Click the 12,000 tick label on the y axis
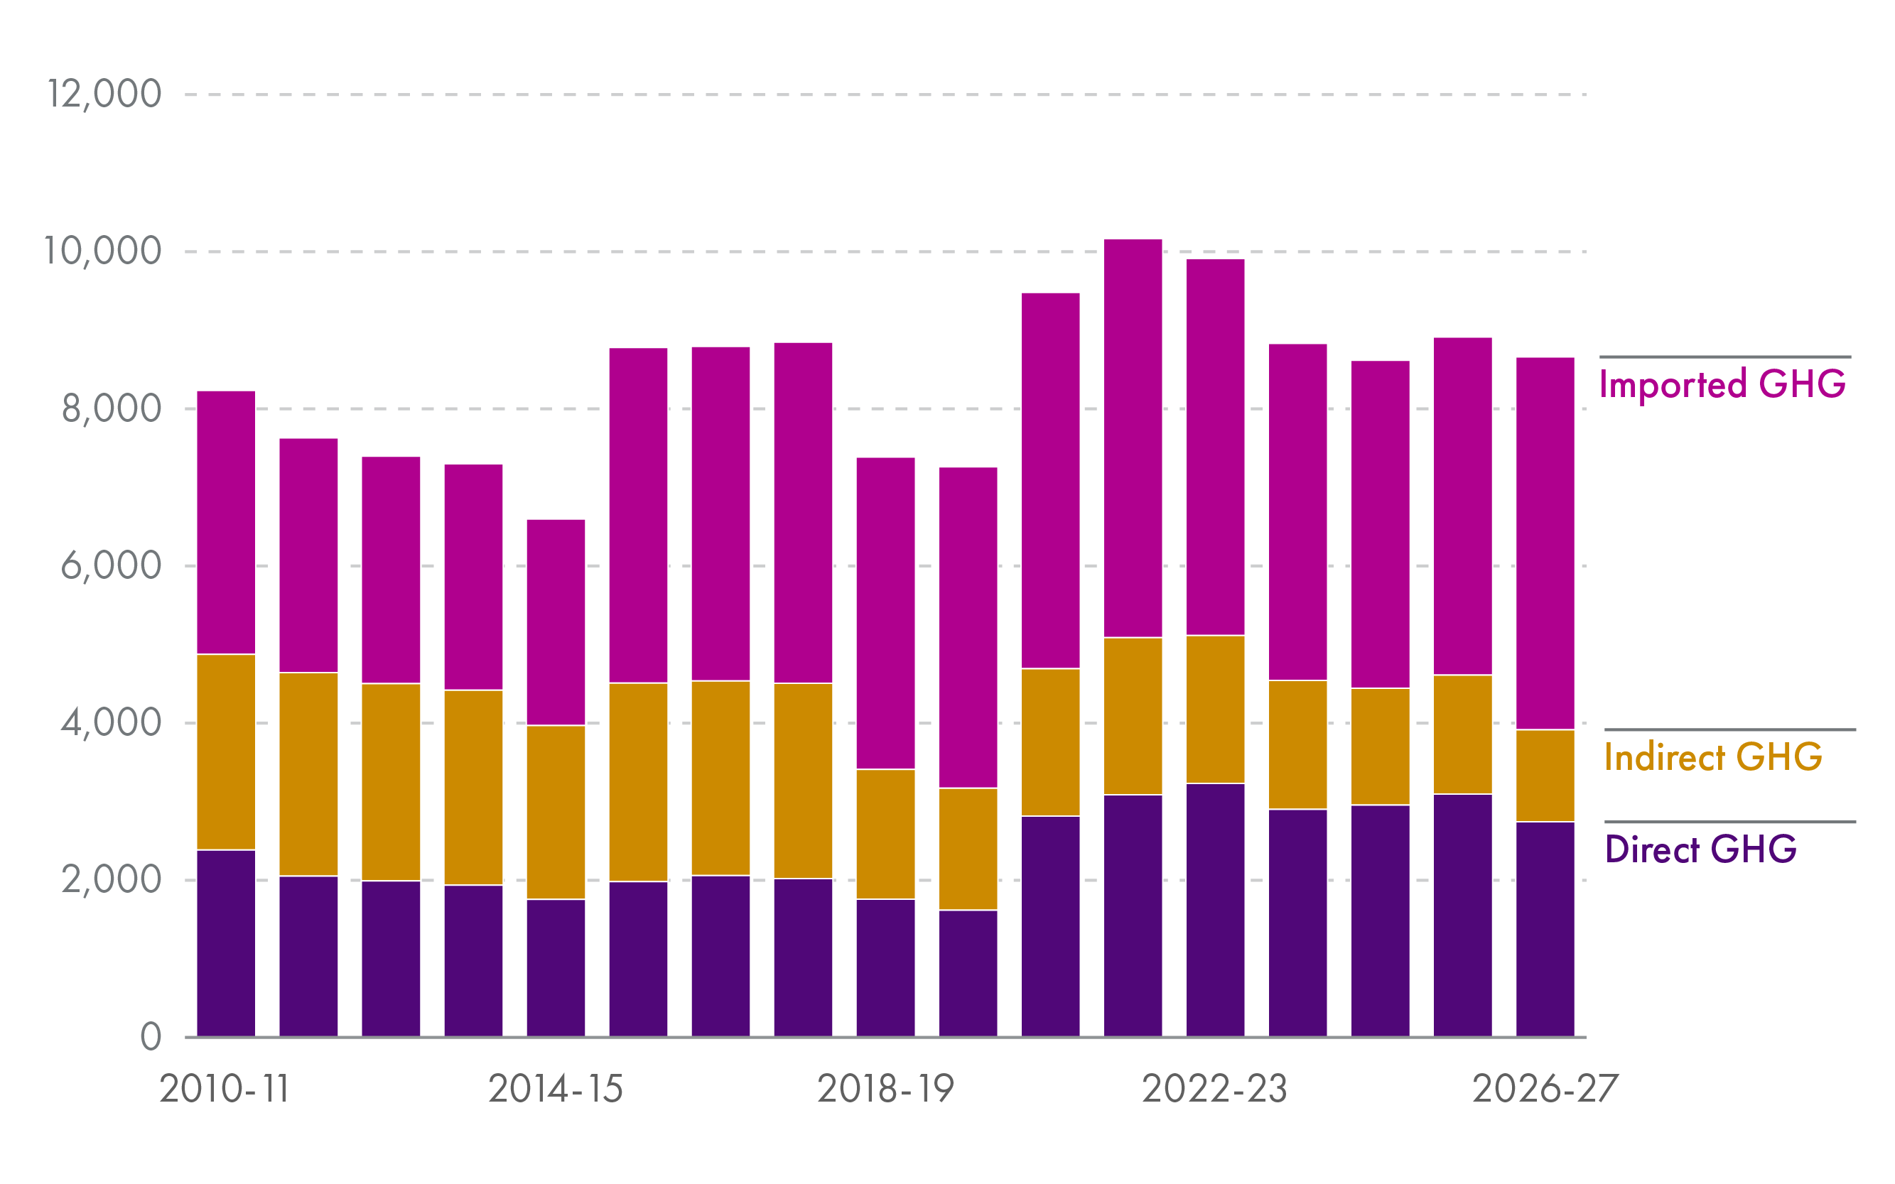(x=104, y=94)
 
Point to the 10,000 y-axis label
(x=102, y=251)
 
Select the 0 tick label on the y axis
(x=151, y=1037)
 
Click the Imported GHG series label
(x=1722, y=384)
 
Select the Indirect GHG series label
(x=1712, y=757)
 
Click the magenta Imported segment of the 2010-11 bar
(x=226, y=522)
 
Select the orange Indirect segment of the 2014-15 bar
(x=556, y=812)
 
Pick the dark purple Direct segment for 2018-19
(x=885, y=968)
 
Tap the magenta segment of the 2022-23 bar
(x=1215, y=446)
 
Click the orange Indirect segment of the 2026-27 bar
(x=1545, y=775)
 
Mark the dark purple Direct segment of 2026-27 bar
(x=1545, y=929)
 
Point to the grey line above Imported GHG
(x=1725, y=357)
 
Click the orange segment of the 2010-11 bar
(x=226, y=751)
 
